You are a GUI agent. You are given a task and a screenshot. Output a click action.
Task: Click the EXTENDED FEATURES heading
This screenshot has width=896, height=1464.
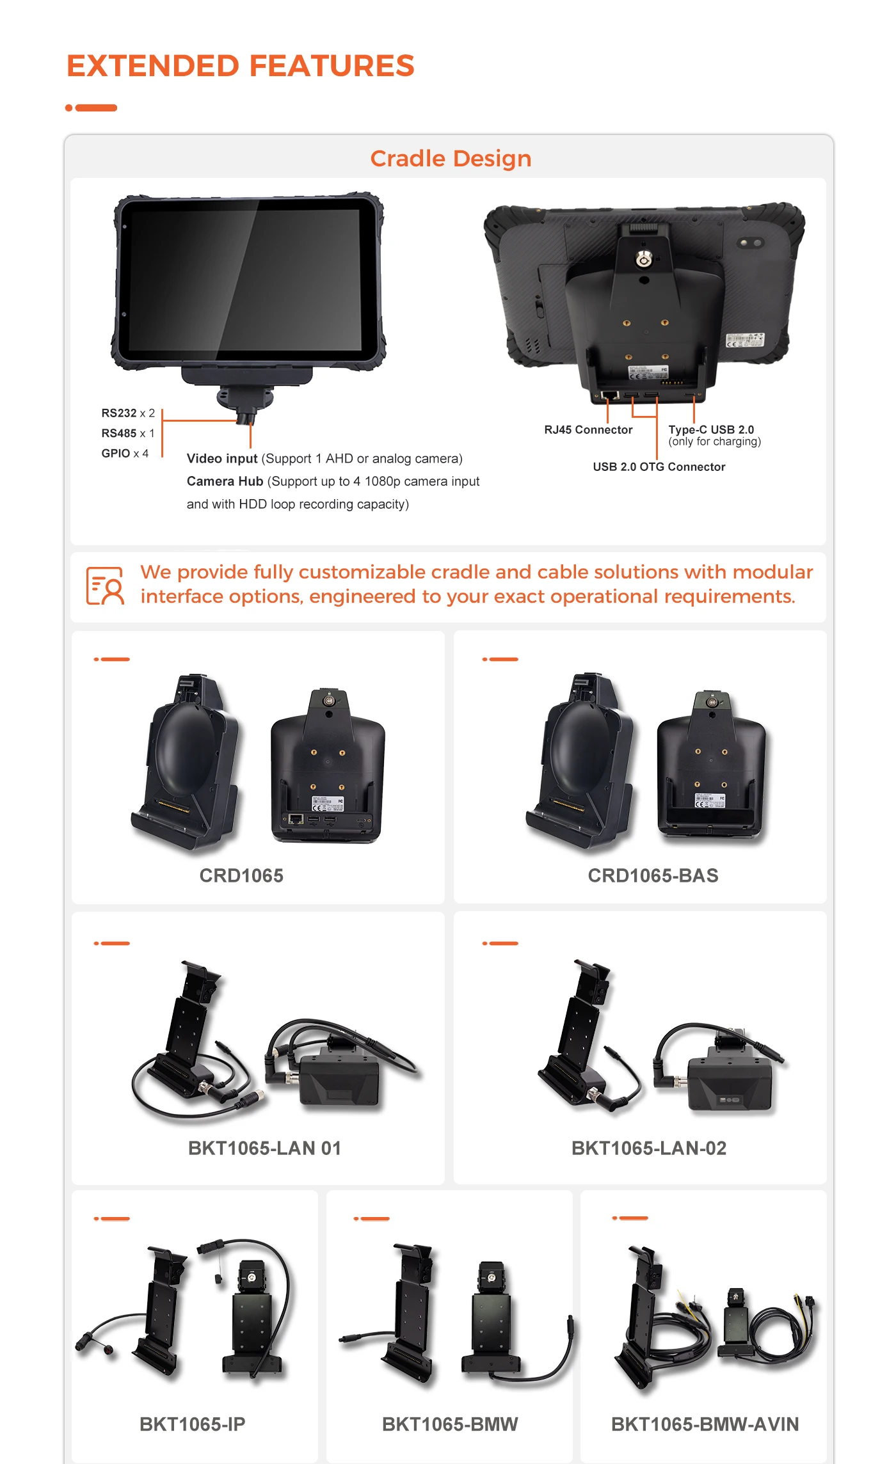point(241,66)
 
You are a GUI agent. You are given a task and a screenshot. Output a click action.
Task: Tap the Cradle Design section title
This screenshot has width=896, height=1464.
point(451,159)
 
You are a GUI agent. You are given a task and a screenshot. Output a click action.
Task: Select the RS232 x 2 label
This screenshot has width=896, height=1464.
point(128,413)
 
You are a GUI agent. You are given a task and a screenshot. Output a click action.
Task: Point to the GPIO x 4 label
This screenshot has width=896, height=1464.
point(125,453)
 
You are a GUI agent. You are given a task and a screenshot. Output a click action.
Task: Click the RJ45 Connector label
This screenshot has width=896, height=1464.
point(588,430)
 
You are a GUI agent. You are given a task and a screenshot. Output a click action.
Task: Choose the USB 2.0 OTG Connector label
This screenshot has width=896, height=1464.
point(659,467)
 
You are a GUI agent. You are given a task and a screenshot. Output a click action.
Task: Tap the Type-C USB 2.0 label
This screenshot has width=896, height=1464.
point(711,429)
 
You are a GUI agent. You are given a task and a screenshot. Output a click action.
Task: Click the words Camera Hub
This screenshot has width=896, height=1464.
point(225,481)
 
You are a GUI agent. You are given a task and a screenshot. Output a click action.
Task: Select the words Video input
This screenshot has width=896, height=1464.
point(222,459)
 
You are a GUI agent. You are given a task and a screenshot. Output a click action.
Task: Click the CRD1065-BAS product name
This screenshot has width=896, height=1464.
point(653,875)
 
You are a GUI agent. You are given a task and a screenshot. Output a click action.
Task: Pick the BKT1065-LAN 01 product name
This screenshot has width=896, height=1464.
point(264,1148)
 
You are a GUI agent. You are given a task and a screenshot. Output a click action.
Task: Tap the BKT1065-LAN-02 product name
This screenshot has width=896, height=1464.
point(649,1148)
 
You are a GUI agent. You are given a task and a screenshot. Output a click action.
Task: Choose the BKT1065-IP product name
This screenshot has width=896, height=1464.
point(193,1424)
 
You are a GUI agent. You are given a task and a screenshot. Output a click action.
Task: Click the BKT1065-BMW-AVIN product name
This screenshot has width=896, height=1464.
point(705,1424)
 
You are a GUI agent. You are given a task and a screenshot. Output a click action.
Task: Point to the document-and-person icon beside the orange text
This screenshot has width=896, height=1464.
point(106,585)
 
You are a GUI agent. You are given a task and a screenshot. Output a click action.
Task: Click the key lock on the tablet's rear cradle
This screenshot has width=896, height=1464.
point(643,259)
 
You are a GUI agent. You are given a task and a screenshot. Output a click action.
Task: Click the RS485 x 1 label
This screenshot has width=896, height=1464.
point(128,433)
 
